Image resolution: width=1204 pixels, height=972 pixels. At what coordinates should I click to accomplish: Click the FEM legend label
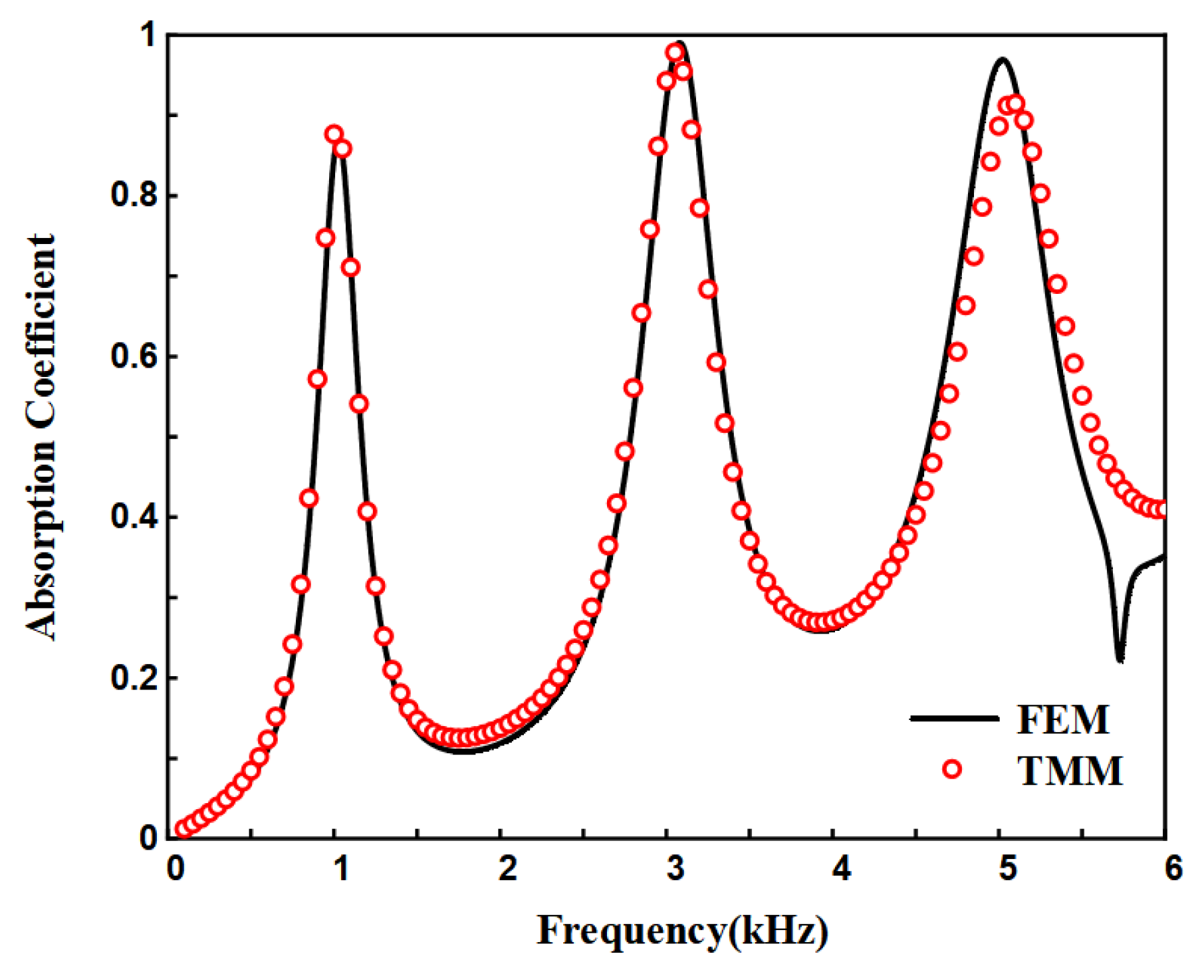point(1063,719)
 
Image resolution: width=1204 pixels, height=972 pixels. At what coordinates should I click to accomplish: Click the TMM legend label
point(1070,771)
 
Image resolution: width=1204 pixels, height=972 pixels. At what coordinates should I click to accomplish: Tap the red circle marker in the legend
point(953,769)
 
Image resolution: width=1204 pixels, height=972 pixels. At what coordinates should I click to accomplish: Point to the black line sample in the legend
point(954,718)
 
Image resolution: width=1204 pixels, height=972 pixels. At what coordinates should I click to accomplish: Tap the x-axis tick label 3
point(675,868)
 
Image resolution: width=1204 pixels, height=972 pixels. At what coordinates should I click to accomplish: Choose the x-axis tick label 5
point(1008,868)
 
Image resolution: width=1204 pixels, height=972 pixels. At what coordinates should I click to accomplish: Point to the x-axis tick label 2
point(508,868)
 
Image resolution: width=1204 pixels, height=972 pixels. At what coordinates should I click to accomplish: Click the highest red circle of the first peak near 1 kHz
point(334,134)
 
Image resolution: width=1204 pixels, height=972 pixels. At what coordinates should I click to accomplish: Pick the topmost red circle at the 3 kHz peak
point(675,53)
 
